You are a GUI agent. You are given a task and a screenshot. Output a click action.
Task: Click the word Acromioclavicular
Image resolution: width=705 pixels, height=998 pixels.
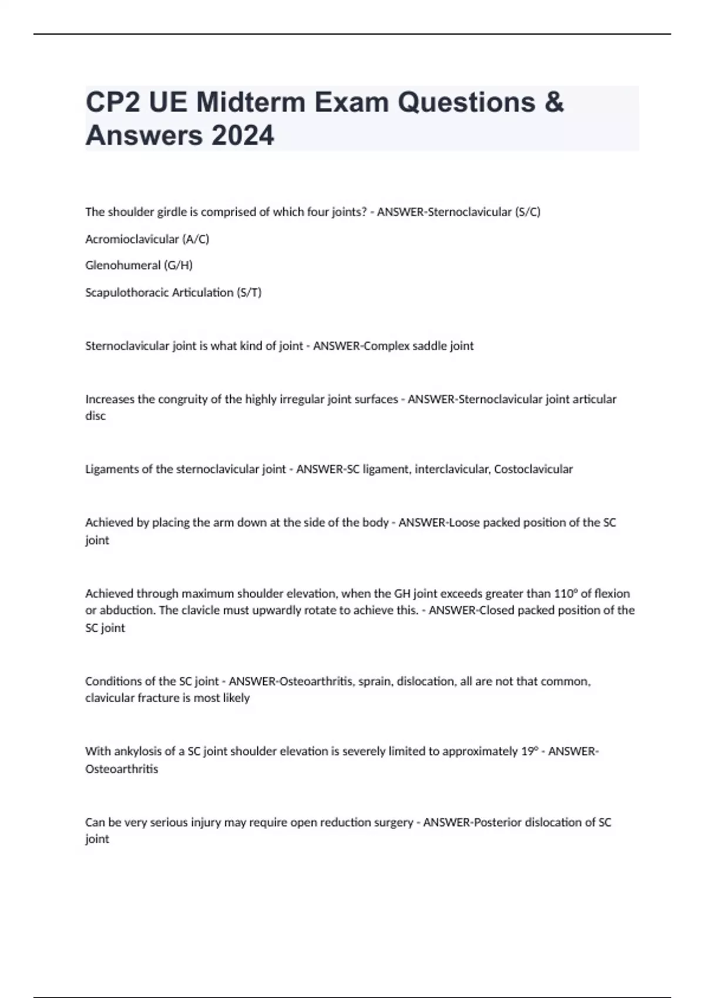click(x=132, y=239)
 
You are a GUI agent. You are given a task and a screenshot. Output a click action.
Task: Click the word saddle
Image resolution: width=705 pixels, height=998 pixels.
click(x=429, y=346)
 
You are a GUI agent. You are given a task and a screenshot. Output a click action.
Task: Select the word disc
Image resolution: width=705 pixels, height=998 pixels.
click(x=96, y=416)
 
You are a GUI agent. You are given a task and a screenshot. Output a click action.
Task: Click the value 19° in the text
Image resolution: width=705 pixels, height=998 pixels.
click(x=529, y=751)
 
